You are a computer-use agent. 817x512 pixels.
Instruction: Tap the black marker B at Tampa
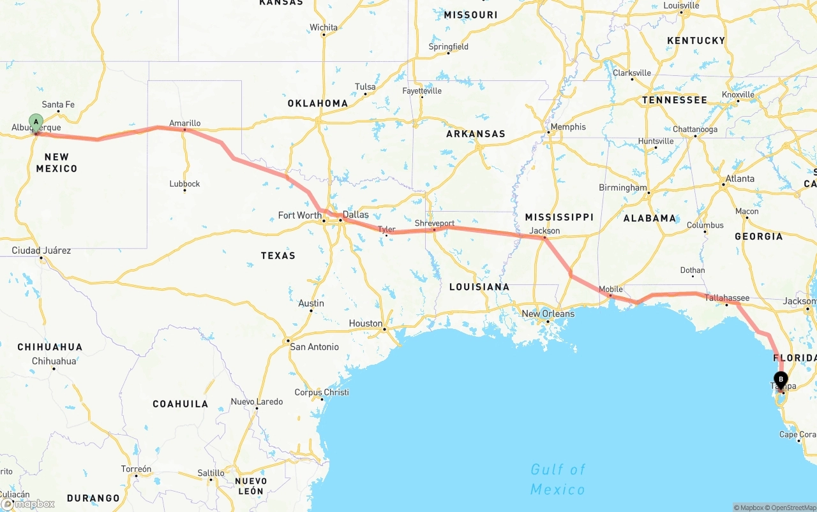pos(781,378)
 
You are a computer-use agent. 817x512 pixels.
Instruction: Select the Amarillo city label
pos(185,123)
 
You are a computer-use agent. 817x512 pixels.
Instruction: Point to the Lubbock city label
pos(185,184)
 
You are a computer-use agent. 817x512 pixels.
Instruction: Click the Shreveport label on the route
pos(435,223)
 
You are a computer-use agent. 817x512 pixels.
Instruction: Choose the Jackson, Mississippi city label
pos(544,231)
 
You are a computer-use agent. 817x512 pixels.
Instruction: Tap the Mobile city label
pos(611,289)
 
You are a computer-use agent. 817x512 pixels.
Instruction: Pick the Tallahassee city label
pos(727,298)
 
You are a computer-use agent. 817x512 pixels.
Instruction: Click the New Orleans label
pos(548,314)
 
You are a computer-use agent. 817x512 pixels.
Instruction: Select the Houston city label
pos(366,324)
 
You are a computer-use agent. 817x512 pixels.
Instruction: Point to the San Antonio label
pos(315,347)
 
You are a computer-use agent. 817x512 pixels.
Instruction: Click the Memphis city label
pos(567,127)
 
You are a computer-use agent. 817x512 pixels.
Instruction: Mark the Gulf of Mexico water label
pos(558,479)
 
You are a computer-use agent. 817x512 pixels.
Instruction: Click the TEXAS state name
pos(278,256)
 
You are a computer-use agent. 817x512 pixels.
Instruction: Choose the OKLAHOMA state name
pos(318,103)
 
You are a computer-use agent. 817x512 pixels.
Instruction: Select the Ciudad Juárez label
pos(41,251)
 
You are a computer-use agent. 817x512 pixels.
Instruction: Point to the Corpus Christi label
pos(322,392)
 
